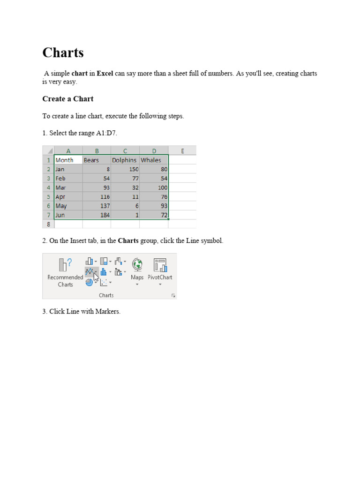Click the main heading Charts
click(x=63, y=52)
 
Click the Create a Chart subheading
click(x=68, y=99)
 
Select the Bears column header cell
click(x=97, y=160)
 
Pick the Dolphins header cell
click(x=125, y=160)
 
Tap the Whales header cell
click(x=154, y=160)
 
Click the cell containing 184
click(x=97, y=215)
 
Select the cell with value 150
click(x=125, y=169)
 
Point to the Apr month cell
click(x=68, y=197)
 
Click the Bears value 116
click(x=97, y=197)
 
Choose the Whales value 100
click(x=154, y=187)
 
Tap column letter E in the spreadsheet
click(x=182, y=150)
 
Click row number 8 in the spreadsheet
click(x=48, y=224)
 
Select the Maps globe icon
click(x=137, y=265)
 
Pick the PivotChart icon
click(x=160, y=265)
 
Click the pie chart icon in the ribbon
click(x=89, y=282)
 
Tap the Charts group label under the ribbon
click(x=106, y=295)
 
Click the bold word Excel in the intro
click(x=105, y=74)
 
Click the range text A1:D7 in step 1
click(x=106, y=133)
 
